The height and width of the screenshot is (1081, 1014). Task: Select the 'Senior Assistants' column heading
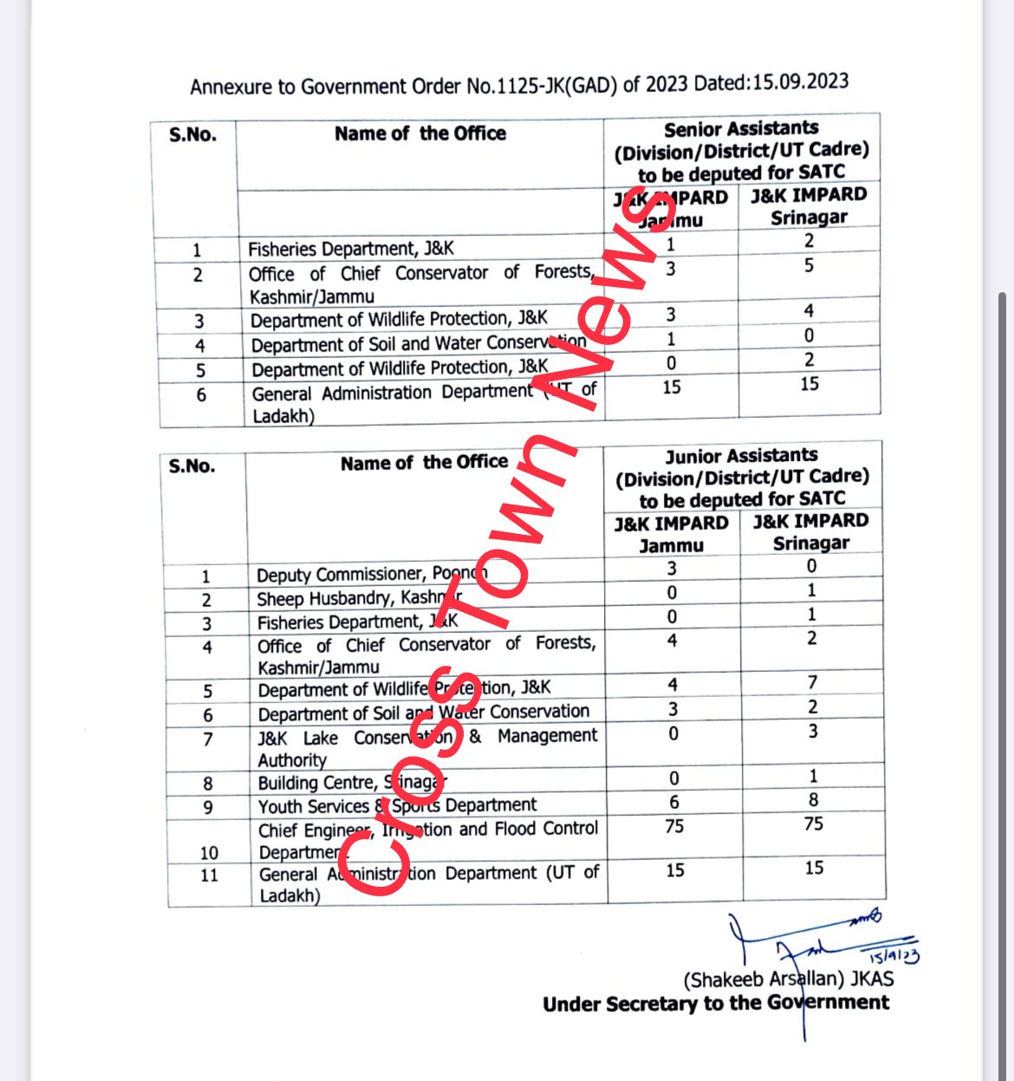coord(741,129)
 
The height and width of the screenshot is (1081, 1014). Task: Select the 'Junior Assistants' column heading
coord(741,456)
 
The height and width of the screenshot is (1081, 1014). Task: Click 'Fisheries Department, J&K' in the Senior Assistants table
coord(350,249)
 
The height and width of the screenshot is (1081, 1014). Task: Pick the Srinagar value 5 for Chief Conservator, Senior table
coord(809,265)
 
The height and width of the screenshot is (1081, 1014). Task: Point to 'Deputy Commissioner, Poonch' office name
coord(371,574)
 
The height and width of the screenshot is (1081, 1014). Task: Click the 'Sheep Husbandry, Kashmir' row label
coord(359,598)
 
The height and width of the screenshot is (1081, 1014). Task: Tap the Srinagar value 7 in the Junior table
coord(812,683)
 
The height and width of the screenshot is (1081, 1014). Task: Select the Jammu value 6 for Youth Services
coord(673,803)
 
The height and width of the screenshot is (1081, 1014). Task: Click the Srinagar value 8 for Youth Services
coord(813,800)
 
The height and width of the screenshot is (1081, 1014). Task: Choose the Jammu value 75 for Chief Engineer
coord(673,826)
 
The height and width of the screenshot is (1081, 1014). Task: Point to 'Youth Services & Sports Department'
coord(397,805)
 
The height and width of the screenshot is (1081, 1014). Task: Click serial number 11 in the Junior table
coord(209,875)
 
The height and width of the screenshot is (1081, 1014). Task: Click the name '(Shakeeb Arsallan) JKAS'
coord(788,980)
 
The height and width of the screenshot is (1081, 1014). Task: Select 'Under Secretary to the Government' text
coord(716,1004)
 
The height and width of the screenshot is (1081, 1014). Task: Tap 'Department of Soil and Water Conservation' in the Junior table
coord(423,713)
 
